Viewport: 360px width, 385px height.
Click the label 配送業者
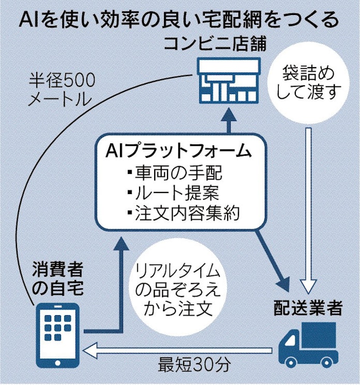pos(308,308)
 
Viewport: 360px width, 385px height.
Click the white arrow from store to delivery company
pos(309,207)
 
